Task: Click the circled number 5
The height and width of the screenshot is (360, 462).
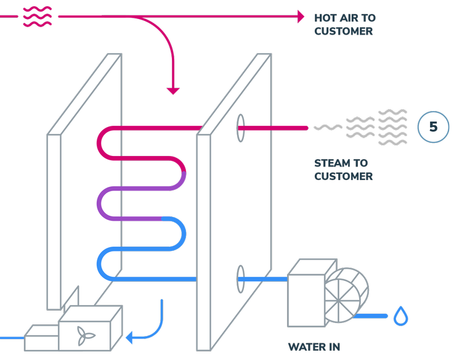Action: pos(433,127)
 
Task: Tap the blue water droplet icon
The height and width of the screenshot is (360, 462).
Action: pos(401,316)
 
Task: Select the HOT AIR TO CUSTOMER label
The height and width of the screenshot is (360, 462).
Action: pos(344,24)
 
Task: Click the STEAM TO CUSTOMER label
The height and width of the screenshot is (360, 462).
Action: pos(343,170)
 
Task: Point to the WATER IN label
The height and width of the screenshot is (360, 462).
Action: pos(314,347)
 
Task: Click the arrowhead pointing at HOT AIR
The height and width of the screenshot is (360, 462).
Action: pos(301,17)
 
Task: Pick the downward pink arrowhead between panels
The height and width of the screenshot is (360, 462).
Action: pos(174,91)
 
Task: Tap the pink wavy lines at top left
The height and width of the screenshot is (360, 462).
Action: pos(37,17)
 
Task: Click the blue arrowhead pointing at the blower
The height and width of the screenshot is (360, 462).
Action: pos(129,337)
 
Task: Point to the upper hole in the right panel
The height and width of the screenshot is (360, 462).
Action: pos(240,127)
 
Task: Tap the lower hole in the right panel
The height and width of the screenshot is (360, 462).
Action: pos(240,279)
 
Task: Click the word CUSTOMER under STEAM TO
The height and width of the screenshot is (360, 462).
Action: pos(343,176)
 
